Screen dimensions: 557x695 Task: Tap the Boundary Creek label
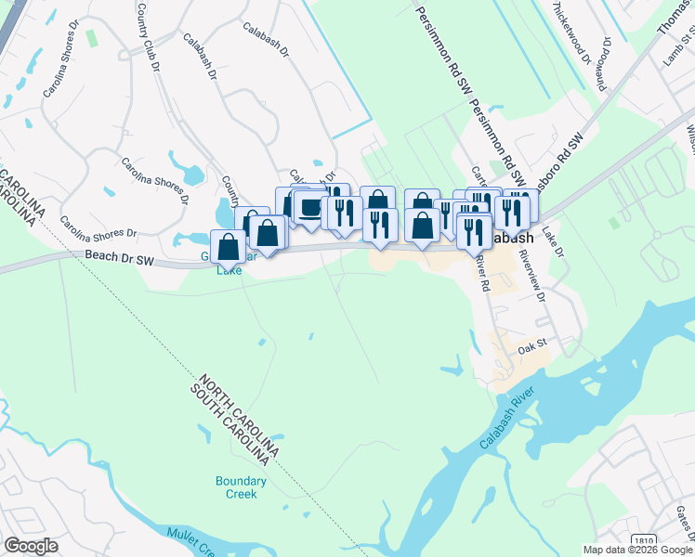pos(241,487)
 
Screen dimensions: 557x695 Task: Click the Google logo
pos(31,546)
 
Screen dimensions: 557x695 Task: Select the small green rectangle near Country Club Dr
pos(91,37)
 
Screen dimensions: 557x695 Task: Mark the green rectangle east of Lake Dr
pos(613,223)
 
